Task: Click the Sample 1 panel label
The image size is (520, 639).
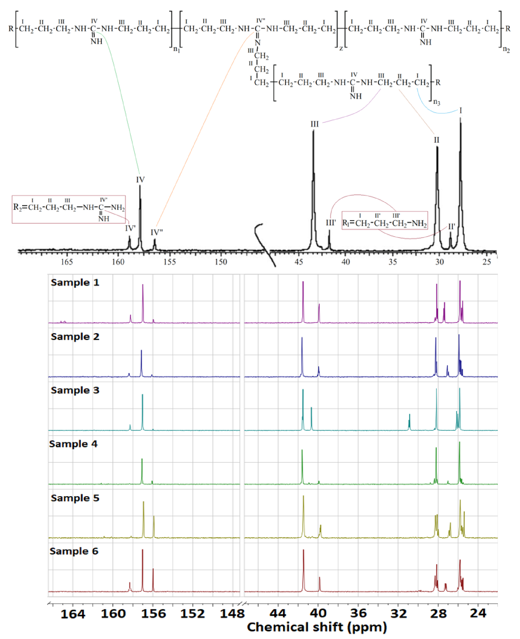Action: click(x=75, y=282)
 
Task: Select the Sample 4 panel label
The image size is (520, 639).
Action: click(x=73, y=444)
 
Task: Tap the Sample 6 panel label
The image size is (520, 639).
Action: click(x=74, y=551)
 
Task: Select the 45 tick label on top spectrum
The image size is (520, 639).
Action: click(x=299, y=262)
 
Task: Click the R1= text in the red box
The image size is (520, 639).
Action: click(x=348, y=223)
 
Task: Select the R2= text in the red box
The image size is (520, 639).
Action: click(x=20, y=207)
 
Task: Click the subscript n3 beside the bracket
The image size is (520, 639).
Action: click(x=437, y=103)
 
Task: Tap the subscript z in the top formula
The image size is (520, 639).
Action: click(x=341, y=48)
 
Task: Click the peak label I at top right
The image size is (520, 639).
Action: click(x=460, y=111)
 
